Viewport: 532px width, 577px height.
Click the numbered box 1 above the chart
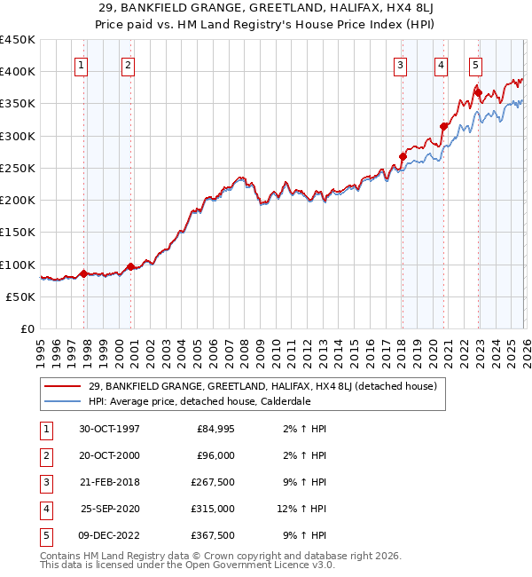point(82,64)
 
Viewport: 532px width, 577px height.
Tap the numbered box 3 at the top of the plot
point(400,64)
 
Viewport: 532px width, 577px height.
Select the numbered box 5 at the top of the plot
point(476,64)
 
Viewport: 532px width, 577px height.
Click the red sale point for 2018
point(403,157)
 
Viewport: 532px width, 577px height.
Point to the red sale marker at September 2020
point(443,126)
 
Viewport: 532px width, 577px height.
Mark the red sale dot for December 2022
point(478,92)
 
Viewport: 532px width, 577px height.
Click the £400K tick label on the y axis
point(18,72)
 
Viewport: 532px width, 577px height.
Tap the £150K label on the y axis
point(18,233)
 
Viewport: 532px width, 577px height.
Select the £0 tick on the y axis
point(28,329)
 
